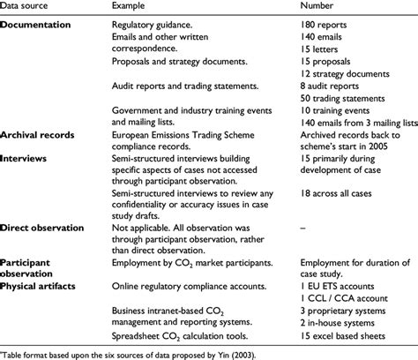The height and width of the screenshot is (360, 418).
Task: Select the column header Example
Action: click(132, 8)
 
